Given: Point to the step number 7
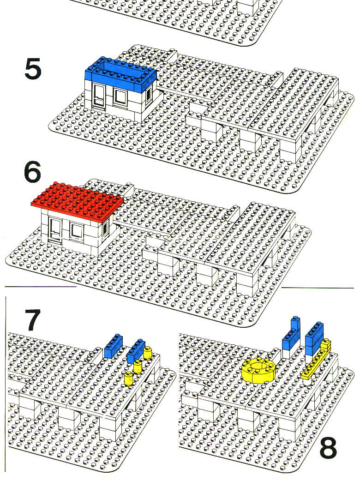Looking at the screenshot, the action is click(x=32, y=320).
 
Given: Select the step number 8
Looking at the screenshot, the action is click(x=328, y=448).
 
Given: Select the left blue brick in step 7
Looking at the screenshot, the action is click(x=114, y=346).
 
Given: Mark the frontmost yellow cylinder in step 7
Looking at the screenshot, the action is click(x=129, y=379).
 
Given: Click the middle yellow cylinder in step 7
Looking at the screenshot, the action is click(x=138, y=366).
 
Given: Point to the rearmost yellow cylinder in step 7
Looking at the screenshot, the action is click(x=148, y=353).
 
